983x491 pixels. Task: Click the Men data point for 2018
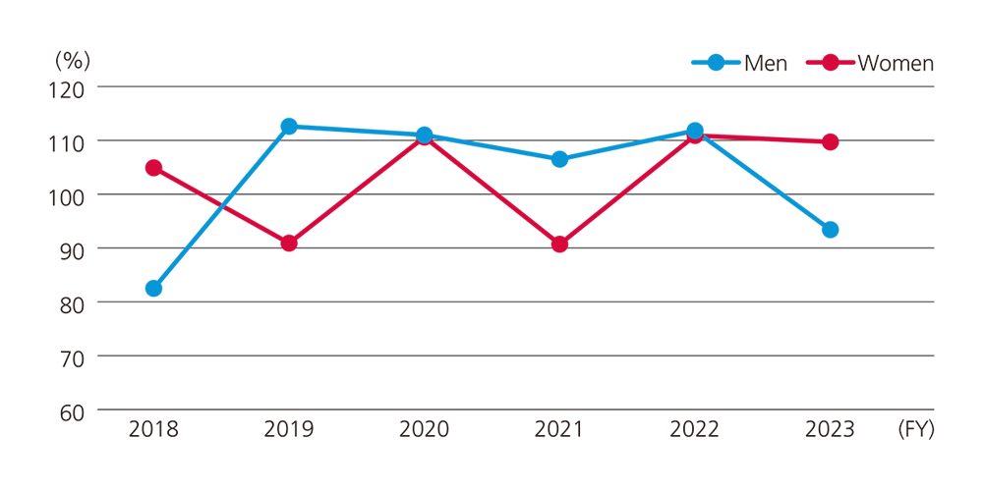tap(153, 288)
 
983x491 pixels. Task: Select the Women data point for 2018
tap(153, 168)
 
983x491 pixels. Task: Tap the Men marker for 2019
tap(289, 127)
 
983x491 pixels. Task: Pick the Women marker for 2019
tap(289, 243)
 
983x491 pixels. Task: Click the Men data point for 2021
tap(559, 159)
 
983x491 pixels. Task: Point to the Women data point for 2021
tap(559, 244)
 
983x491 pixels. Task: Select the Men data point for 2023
tap(830, 230)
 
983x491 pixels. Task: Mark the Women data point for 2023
tap(830, 141)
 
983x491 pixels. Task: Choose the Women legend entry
tap(870, 63)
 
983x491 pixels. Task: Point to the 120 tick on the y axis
tap(70, 87)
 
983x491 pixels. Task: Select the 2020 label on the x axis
tap(425, 430)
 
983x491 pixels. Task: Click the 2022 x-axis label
tap(694, 430)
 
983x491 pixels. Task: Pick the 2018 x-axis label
tap(153, 430)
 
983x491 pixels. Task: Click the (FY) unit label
tap(915, 430)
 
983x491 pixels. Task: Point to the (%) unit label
tap(72, 60)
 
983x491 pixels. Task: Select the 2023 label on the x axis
tap(830, 430)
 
